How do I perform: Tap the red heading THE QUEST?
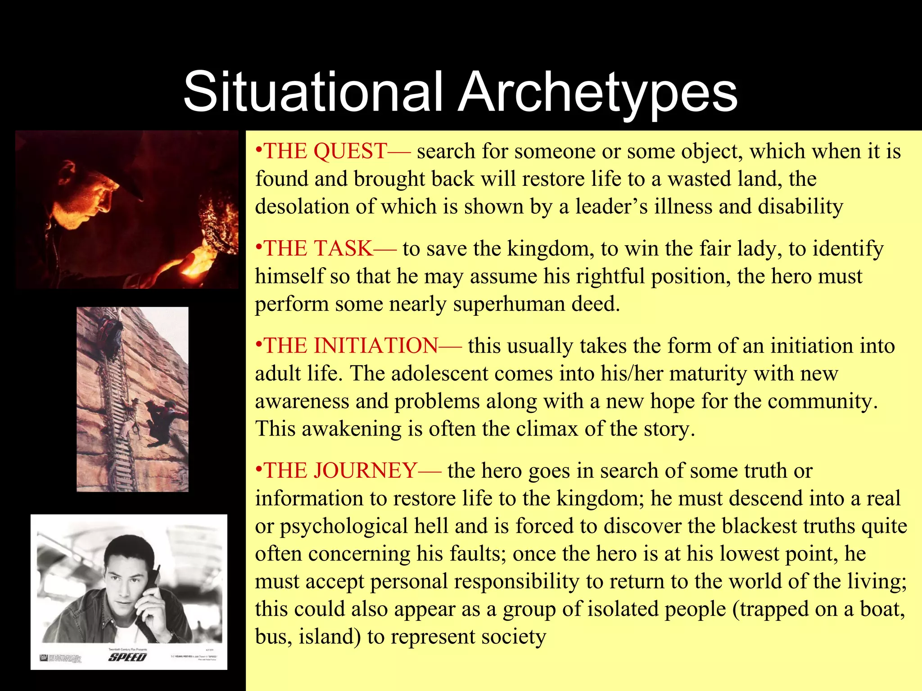[x=325, y=151]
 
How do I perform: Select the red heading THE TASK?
[x=318, y=249]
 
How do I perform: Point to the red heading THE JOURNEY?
[x=340, y=471]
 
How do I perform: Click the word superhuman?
[x=509, y=305]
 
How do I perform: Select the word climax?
[x=547, y=429]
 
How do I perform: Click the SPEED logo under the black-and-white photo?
[x=127, y=657]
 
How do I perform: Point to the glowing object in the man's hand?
[x=194, y=265]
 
